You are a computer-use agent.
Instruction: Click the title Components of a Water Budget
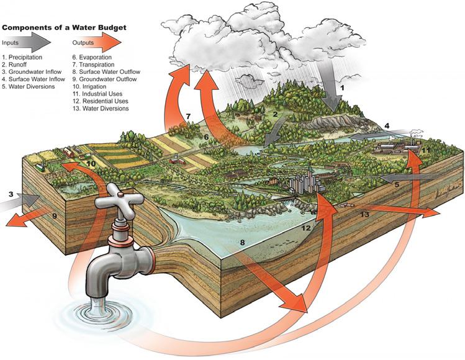pyautogui.click(x=65, y=28)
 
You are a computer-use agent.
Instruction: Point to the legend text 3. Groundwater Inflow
pyautogui.click(x=32, y=71)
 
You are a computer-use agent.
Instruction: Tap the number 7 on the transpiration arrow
pyautogui.click(x=189, y=116)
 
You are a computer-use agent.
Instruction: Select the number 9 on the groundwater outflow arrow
pyautogui.click(x=54, y=216)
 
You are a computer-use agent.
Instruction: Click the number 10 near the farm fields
pyautogui.click(x=91, y=164)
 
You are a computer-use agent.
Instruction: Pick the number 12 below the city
pyautogui.click(x=307, y=228)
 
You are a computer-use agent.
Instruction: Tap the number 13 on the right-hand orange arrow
pyautogui.click(x=365, y=214)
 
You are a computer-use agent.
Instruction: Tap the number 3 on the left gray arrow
pyautogui.click(x=11, y=195)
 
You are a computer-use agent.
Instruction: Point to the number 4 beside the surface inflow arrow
pyautogui.click(x=387, y=127)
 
